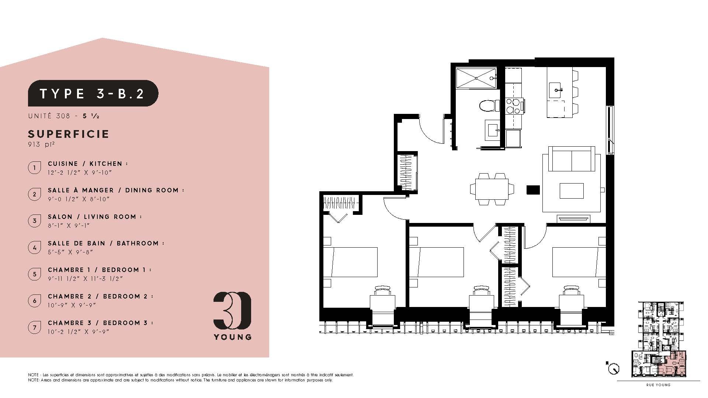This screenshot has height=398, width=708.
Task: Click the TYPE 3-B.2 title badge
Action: coord(93,93)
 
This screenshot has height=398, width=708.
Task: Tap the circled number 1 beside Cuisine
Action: coord(35,168)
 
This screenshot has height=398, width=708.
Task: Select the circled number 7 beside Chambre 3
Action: coord(35,327)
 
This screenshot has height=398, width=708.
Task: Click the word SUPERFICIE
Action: coord(69,134)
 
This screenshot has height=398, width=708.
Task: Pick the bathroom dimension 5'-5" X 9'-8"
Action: coord(70,252)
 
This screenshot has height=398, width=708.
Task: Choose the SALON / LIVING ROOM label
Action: coord(95,217)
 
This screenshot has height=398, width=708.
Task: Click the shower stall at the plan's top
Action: coord(476,78)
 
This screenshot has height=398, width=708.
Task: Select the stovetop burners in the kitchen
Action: coord(513,106)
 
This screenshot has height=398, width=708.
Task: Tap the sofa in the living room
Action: coord(571,158)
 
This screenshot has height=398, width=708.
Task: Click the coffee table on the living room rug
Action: coord(572,191)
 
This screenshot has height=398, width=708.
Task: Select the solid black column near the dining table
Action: coord(533,190)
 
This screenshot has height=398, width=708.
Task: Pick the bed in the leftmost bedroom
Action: coord(350,262)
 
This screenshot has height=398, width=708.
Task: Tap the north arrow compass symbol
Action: coord(614,368)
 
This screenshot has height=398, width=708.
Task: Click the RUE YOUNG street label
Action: coord(658,385)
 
